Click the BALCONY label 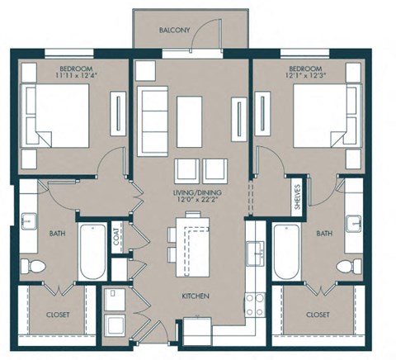[174, 31]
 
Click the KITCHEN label [196, 296]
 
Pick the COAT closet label [116, 239]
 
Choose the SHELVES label [297, 198]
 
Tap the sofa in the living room [154, 119]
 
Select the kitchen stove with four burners [253, 303]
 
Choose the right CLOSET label [318, 315]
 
